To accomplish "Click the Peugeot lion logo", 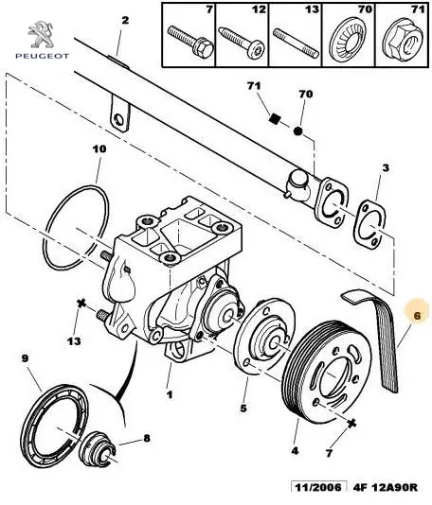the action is coord(41,34).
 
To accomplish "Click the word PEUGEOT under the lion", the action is coord(43,56).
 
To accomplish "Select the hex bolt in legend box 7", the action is coord(190,41).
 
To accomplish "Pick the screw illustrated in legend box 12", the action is coord(242,43).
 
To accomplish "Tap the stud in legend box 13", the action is coord(296,43).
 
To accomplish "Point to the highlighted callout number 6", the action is coord(417,316).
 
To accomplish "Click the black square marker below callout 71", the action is coord(274,119).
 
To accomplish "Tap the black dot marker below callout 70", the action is coord(297,131).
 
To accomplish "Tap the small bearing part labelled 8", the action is coord(98,448).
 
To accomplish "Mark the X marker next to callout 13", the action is coord(81,303).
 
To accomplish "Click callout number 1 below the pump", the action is coord(169,394).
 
